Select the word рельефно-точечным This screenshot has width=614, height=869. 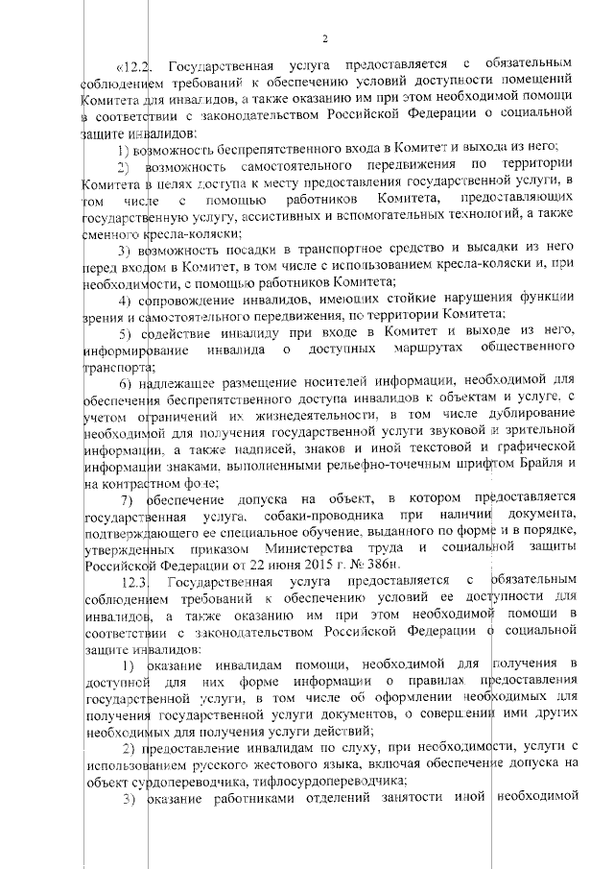coord(364,462)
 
